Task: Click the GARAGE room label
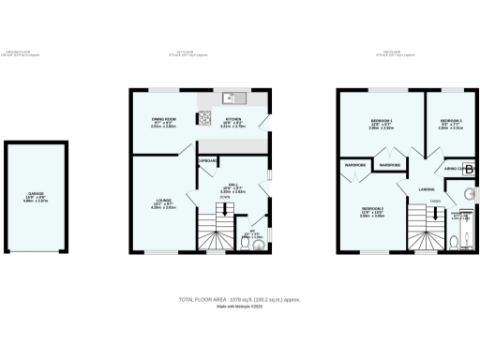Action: click(x=36, y=198)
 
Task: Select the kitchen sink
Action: click(x=230, y=97)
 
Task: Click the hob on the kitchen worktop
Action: click(x=202, y=118)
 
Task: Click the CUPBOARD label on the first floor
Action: click(x=207, y=160)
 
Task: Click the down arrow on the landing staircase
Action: click(x=435, y=216)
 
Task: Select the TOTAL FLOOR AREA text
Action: click(x=240, y=298)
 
